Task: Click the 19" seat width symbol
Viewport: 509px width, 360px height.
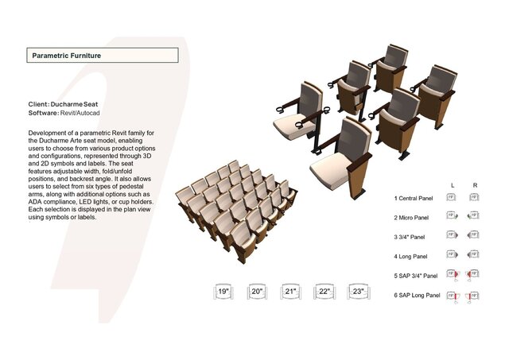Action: coord(223,292)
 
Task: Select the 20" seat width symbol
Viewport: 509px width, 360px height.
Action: coord(257,292)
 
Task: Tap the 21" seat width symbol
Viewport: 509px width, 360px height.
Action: coord(291,292)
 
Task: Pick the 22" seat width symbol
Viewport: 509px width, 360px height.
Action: coord(324,292)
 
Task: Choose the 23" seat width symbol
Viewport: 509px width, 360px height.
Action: coord(358,292)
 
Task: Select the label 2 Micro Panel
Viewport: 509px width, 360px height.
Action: coord(411,217)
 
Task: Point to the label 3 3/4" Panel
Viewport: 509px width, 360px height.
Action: coord(410,237)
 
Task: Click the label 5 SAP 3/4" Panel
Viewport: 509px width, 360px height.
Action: coord(416,276)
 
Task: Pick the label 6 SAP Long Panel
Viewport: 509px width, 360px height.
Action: coord(417,295)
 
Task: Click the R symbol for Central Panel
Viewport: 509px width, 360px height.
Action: coord(474,197)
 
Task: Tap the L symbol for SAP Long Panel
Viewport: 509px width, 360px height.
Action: coord(452,295)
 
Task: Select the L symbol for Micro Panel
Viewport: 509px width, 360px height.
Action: coord(452,216)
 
